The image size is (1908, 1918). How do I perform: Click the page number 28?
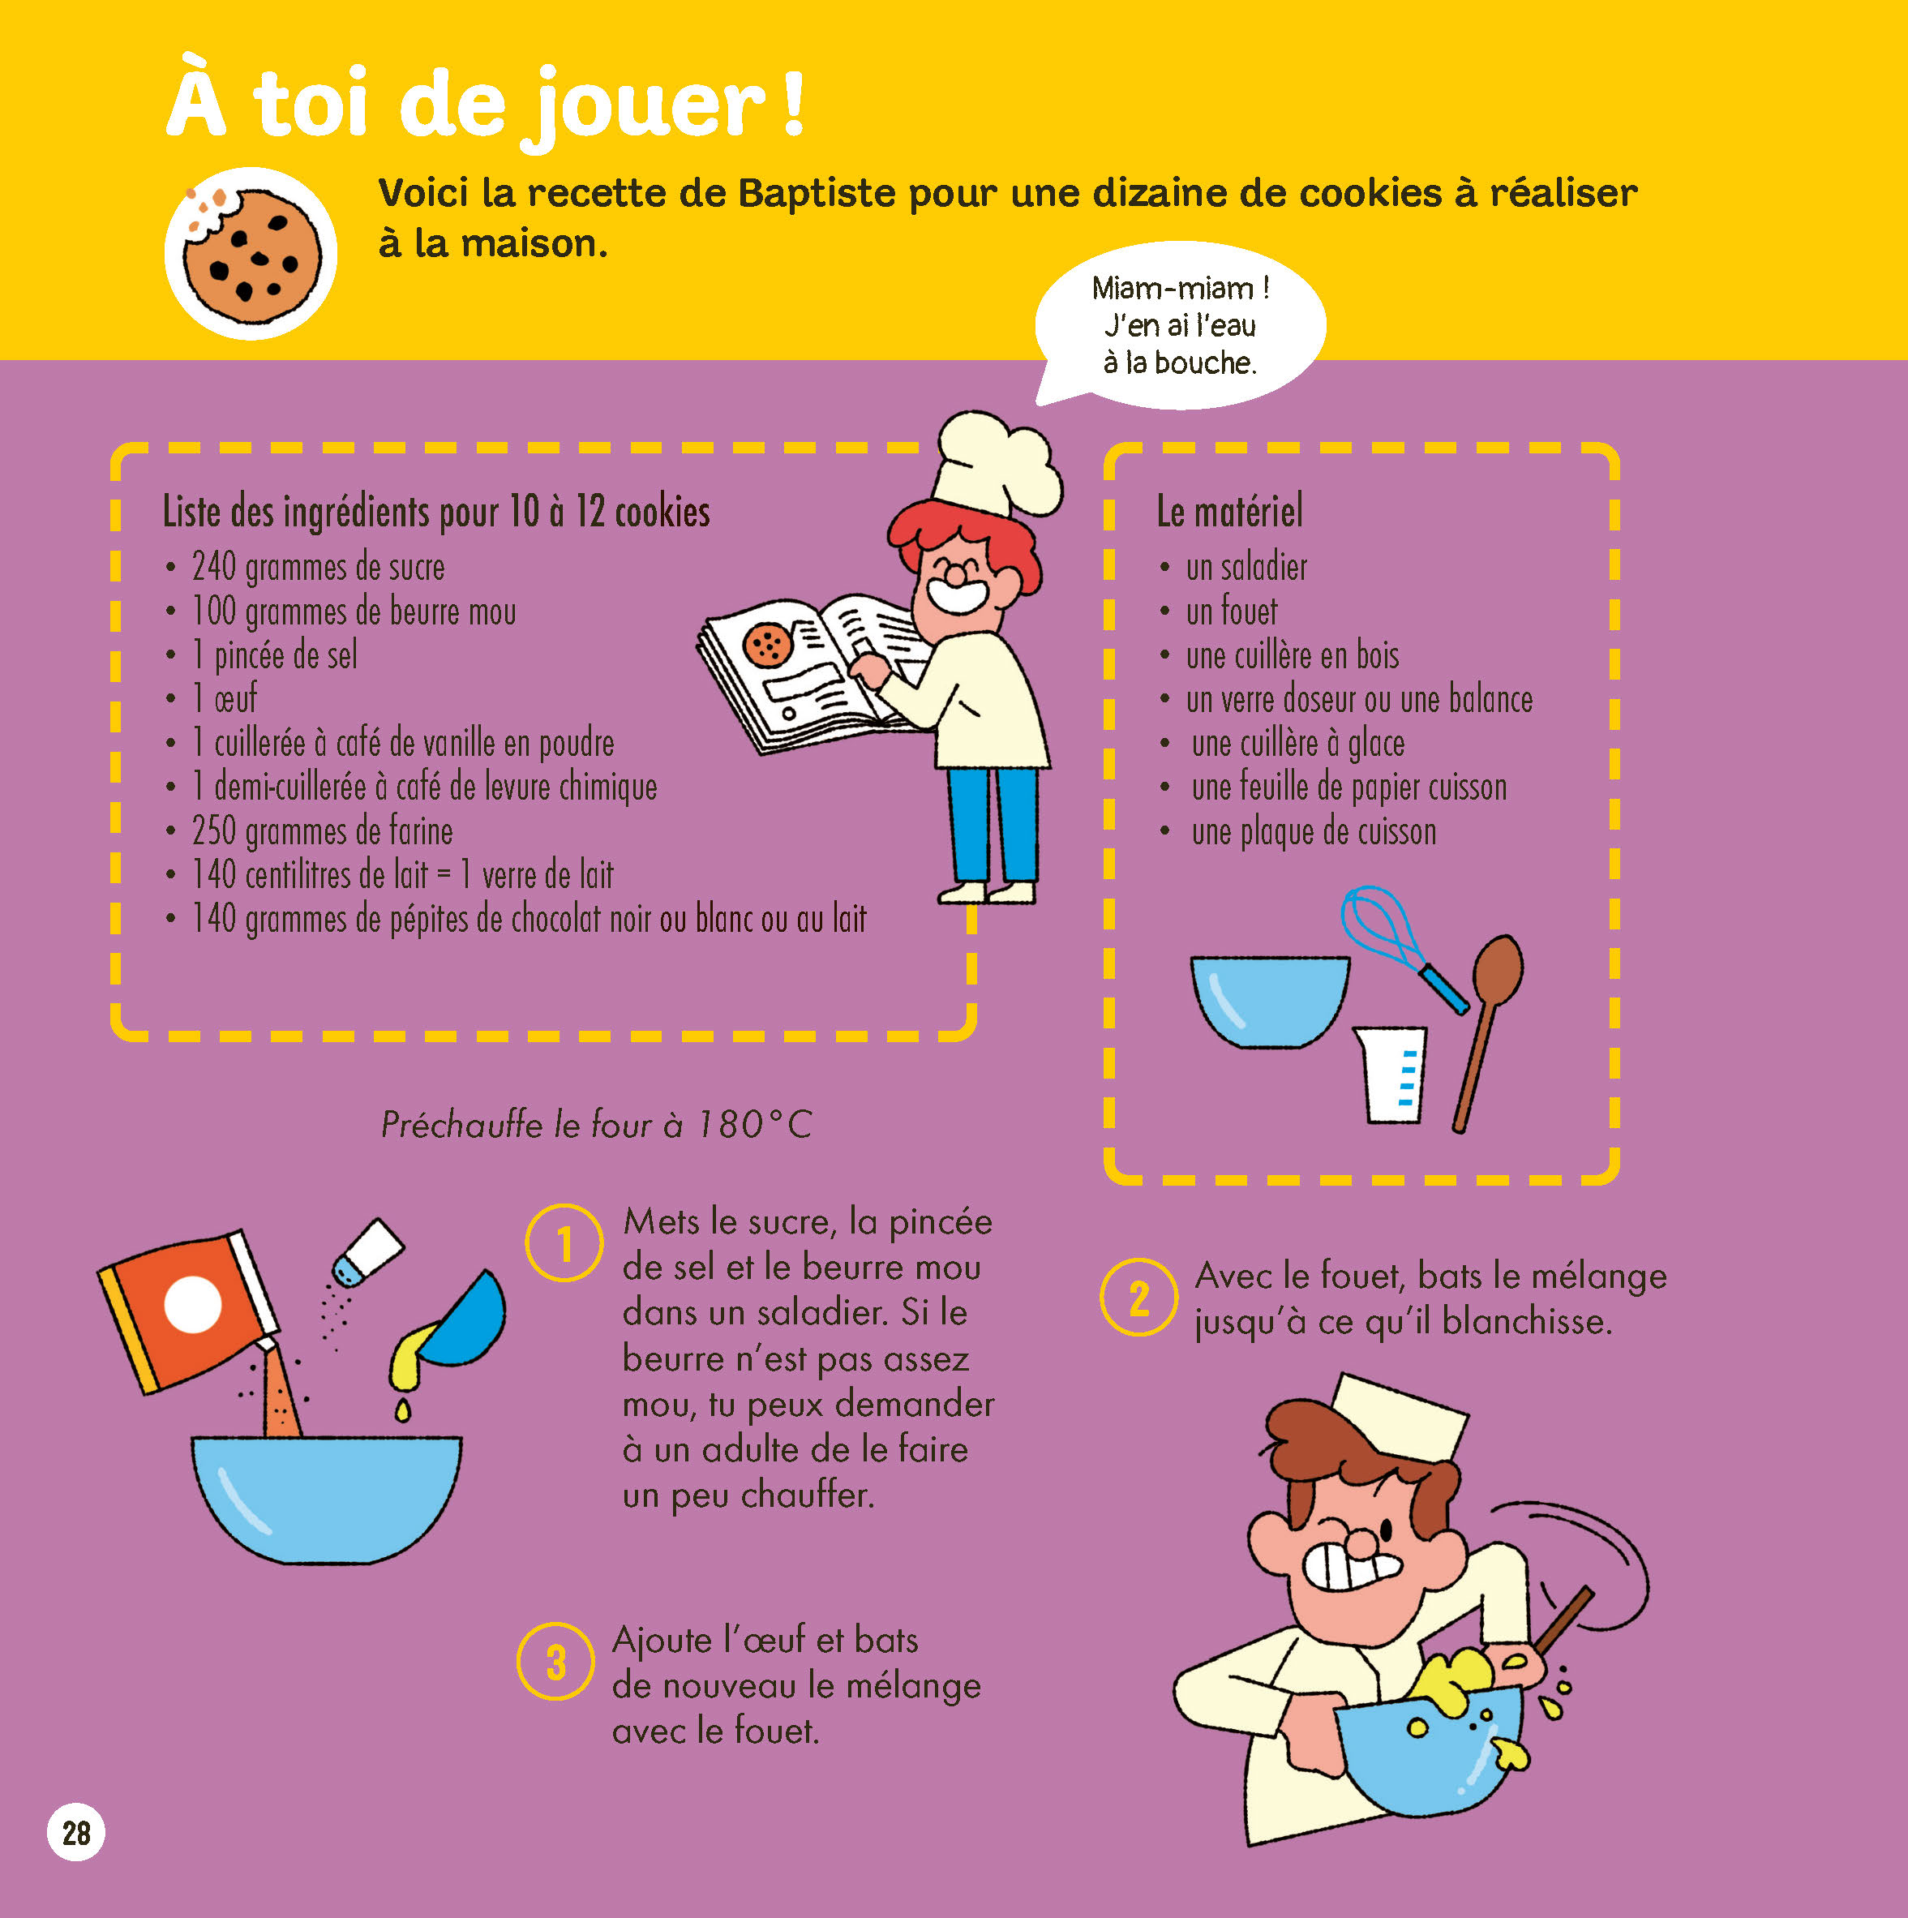pos(75,1832)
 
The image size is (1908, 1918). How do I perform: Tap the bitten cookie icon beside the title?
pos(251,253)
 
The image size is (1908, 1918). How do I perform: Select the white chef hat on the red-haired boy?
pos(997,465)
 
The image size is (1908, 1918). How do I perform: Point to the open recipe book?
pos(809,673)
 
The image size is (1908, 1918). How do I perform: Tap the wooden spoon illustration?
pos(1487,1032)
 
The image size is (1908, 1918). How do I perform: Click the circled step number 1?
pos(564,1243)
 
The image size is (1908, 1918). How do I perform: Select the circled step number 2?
pos(1138,1297)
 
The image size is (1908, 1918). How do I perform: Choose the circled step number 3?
pos(556,1662)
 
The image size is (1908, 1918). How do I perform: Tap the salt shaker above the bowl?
pos(367,1253)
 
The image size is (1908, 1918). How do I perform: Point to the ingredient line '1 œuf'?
pos(225,698)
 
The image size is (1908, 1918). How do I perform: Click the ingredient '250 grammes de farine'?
pos(323,830)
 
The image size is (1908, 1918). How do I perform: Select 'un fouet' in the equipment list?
pos(1231,611)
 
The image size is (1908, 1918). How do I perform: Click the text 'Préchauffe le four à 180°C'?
pos(597,1125)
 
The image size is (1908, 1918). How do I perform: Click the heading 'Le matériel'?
pos(1230,511)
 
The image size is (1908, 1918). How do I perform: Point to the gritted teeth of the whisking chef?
pos(1350,1568)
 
